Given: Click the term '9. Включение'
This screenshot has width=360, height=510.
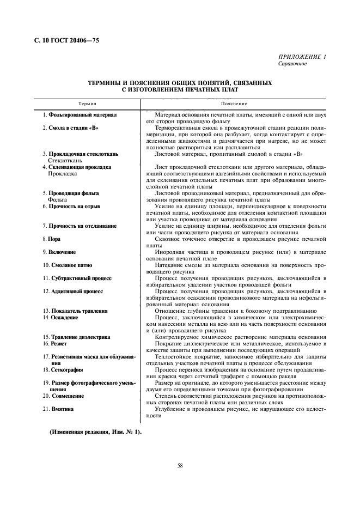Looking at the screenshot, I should point(59,252).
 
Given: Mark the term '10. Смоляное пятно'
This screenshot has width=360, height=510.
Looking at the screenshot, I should point(67,265).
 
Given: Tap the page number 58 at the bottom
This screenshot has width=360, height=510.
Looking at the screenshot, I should point(180,465).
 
